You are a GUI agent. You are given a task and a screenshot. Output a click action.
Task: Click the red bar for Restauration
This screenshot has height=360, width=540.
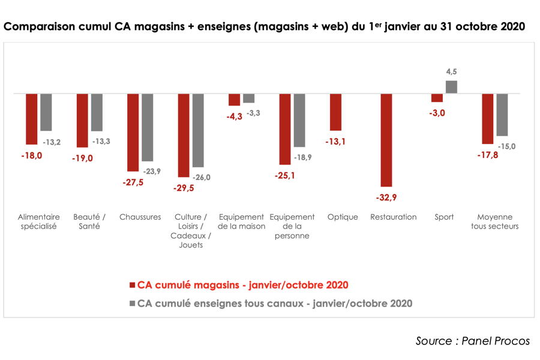pyautogui.click(x=386, y=140)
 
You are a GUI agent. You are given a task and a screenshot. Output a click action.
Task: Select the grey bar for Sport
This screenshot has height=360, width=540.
pyautogui.click(x=451, y=87)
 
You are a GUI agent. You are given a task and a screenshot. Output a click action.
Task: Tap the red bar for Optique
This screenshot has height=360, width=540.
pyautogui.click(x=335, y=112)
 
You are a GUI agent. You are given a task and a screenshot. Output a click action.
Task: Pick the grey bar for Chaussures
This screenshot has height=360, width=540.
pyautogui.click(x=148, y=127)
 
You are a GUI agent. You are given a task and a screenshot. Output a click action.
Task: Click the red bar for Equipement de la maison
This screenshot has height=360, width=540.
pyautogui.click(x=234, y=100)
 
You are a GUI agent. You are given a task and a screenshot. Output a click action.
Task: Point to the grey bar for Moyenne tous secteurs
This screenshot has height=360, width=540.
pyautogui.click(x=502, y=115)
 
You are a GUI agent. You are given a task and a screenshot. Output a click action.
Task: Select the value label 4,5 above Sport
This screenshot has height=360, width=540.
pyautogui.click(x=452, y=72)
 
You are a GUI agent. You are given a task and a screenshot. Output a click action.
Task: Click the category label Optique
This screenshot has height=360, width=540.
pyautogui.click(x=343, y=217)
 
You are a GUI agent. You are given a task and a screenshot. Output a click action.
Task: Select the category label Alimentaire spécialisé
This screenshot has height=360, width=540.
pyautogui.click(x=39, y=222)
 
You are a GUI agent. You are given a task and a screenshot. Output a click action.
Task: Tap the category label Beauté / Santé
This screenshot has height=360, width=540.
pyautogui.click(x=89, y=222)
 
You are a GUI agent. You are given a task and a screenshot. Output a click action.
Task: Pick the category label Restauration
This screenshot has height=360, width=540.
pyautogui.click(x=394, y=217)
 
